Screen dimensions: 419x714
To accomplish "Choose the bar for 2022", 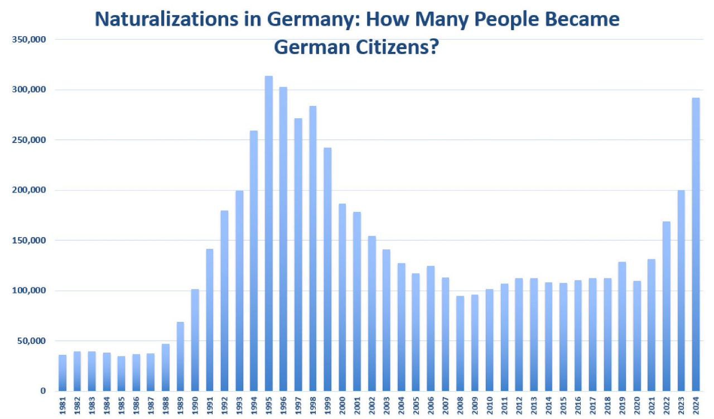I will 666,306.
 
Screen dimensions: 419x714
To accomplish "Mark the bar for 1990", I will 195,340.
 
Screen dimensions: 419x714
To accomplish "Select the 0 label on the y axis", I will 42,391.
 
